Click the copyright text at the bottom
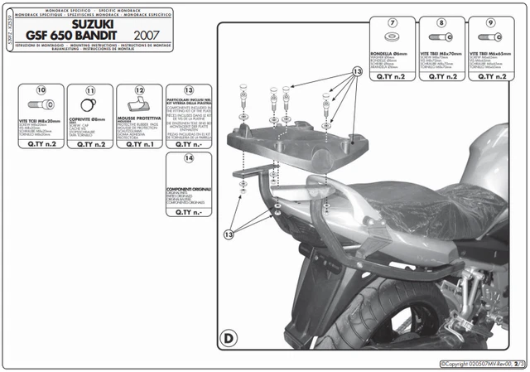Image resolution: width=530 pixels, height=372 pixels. (x=478, y=364)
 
